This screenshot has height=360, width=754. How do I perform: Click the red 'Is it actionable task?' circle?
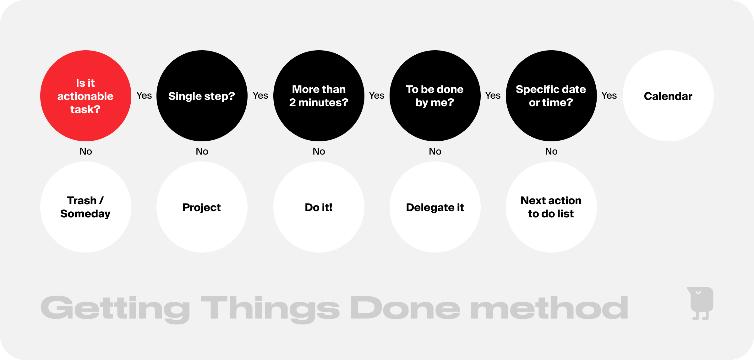pos(86,96)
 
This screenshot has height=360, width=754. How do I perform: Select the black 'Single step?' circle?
pos(202,96)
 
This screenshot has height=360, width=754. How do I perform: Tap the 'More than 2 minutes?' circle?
pos(319,96)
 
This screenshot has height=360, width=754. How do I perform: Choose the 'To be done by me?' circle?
pos(435,96)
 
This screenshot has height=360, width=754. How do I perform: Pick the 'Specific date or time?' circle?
pos(551,96)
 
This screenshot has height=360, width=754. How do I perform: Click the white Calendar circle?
pos(668,96)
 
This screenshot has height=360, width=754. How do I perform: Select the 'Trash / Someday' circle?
pos(86,207)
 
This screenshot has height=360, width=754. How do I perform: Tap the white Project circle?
pos(202,207)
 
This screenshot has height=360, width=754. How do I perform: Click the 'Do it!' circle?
pos(319,207)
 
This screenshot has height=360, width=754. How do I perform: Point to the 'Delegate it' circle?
pos(435,207)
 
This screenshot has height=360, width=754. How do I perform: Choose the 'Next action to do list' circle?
pos(551,207)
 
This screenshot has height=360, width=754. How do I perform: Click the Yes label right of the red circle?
pos(144,95)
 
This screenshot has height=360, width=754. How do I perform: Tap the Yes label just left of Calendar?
pos(609,95)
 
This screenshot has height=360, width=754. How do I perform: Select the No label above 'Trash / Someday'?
pos(86,151)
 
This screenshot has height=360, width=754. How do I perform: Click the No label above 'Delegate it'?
pos(435,151)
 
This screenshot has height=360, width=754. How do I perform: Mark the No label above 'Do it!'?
pos(319,151)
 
